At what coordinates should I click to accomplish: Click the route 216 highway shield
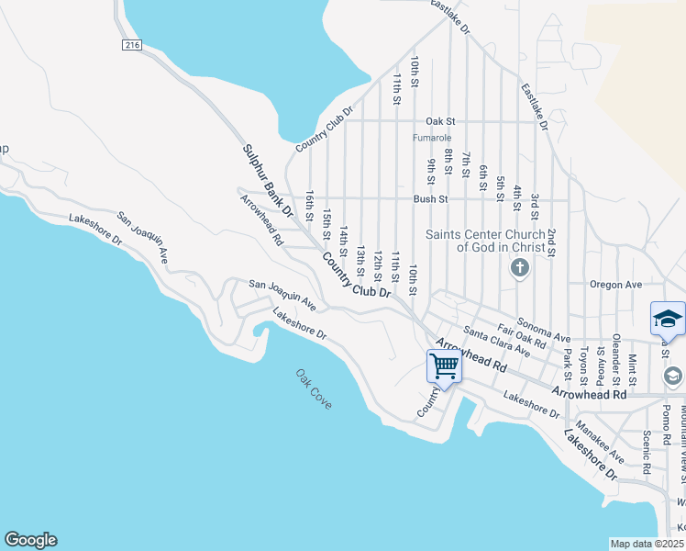pyautogui.click(x=129, y=44)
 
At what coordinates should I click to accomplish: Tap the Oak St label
pyautogui.click(x=440, y=121)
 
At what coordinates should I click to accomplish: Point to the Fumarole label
pyautogui.click(x=431, y=138)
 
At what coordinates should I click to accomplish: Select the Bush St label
pyautogui.click(x=430, y=198)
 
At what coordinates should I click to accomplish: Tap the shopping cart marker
pyautogui.click(x=445, y=365)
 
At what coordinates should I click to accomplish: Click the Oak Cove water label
pyautogui.click(x=314, y=389)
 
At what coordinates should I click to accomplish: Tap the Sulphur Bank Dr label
pyautogui.click(x=267, y=180)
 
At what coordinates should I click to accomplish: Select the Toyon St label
pyautogui.click(x=582, y=365)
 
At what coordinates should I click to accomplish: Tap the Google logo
pyautogui.click(x=30, y=540)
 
